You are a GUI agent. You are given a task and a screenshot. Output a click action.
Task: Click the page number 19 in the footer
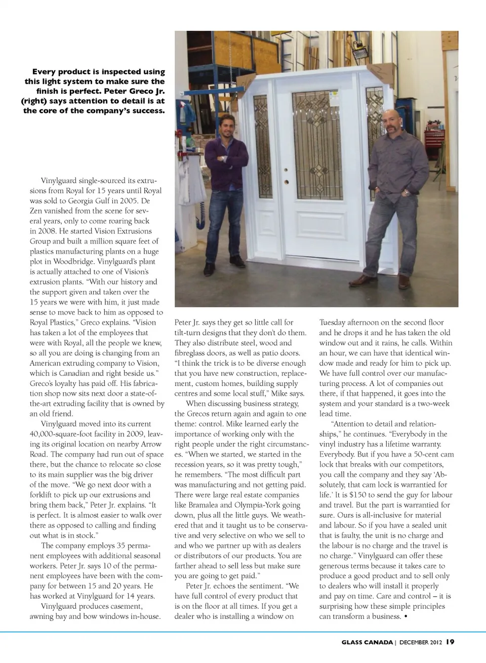point(450,642)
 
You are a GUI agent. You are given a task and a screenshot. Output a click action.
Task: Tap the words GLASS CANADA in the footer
point(367,642)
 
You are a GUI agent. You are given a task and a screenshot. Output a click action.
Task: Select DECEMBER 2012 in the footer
point(421,642)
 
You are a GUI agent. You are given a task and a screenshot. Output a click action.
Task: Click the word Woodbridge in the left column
point(74,262)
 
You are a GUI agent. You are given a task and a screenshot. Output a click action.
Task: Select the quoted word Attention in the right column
point(350,424)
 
